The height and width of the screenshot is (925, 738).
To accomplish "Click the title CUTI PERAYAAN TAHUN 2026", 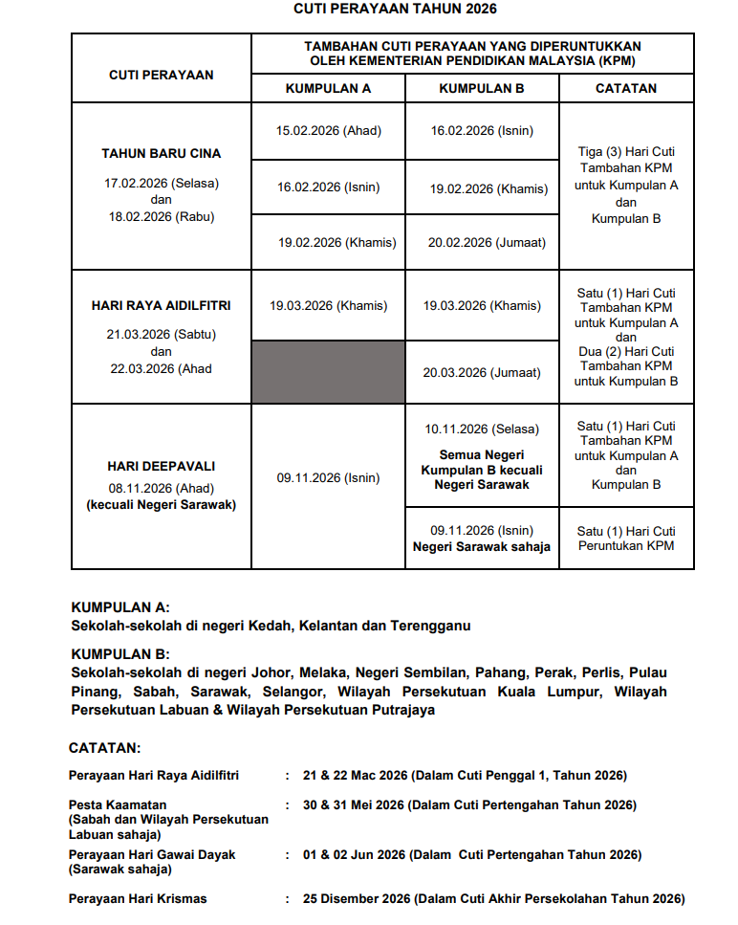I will (395, 9).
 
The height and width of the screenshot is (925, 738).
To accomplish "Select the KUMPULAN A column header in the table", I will (328, 88).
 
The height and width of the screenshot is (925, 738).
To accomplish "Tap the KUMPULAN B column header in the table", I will (481, 88).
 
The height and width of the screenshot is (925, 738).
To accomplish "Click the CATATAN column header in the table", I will (626, 88).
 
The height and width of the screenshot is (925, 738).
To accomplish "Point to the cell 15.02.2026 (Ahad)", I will (328, 131).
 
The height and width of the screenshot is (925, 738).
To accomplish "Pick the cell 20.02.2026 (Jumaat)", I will (487, 243).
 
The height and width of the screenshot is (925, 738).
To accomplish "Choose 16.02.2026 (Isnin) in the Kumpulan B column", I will (482, 131).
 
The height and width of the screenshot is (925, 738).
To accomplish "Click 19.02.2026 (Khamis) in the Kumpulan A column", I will (336, 243).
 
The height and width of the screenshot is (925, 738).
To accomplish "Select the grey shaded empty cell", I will (328, 372).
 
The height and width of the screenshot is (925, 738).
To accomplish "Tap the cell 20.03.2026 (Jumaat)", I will (482, 373).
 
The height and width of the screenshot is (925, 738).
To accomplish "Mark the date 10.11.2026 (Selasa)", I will (482, 429).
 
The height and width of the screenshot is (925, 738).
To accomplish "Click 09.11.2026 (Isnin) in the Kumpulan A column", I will (328, 478).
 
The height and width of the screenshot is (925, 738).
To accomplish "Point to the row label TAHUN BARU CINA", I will (161, 153).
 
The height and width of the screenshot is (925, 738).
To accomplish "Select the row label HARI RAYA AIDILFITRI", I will (161, 306).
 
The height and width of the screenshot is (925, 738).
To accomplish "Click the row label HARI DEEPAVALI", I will (161, 467).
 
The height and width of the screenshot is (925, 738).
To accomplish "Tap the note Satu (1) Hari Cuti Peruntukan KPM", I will (626, 539).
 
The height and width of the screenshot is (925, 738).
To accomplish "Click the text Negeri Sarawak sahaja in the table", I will (482, 548).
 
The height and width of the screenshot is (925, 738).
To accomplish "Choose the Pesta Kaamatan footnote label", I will (118, 805).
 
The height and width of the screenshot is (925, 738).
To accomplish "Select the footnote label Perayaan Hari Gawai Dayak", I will (152, 854).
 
